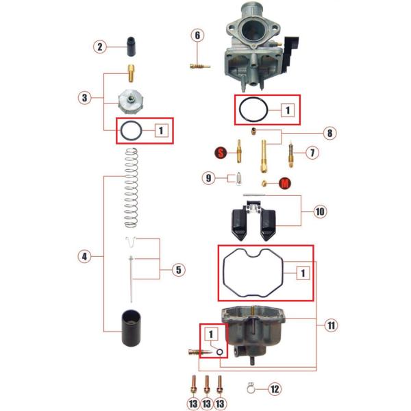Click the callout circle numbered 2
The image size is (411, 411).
coord(100,47)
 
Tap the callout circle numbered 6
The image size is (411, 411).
coord(197,36)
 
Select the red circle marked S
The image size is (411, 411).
coord(221,153)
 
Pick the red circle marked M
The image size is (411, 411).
coord(285,183)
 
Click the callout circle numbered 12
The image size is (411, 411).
coord(275,389)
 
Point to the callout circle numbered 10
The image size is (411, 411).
coord(321,211)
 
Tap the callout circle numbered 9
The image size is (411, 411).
coord(208,178)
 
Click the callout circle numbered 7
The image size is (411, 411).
coord(312,153)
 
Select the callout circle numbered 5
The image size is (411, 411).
coord(179,270)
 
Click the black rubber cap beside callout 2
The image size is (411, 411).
coord(132,47)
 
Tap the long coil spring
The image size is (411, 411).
coord(131,188)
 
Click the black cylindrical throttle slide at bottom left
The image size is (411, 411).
coord(131,328)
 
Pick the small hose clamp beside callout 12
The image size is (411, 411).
coord(251,388)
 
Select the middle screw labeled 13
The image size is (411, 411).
coord(207,385)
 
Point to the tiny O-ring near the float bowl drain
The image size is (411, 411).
coord(220,353)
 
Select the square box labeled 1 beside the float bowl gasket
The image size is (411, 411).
coord(303,273)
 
